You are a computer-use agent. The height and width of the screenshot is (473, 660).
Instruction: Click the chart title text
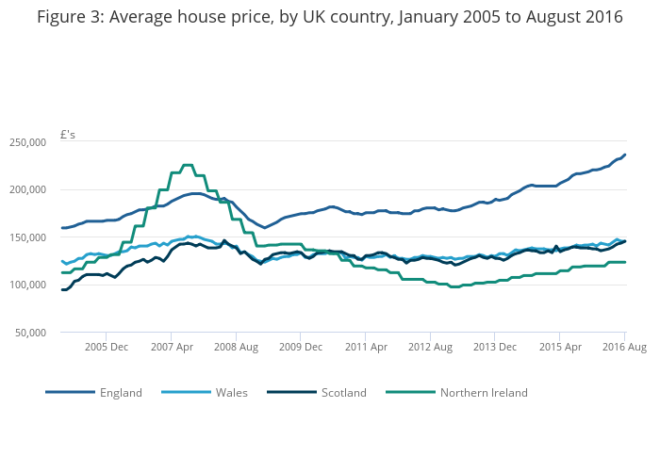coord(330,18)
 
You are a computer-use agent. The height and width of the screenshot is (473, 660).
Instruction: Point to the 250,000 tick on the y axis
coord(27,142)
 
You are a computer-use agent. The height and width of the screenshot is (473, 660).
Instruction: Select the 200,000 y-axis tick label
coord(27,189)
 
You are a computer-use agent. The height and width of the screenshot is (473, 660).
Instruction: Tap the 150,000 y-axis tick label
coord(27,237)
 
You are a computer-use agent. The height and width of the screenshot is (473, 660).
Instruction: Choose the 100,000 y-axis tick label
coord(27,285)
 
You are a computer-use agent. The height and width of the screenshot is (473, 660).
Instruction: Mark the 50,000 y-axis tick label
coord(30,333)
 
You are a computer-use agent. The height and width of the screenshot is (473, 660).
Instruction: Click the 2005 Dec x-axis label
coord(106,348)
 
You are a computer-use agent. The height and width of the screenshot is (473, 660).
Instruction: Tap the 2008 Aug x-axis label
coord(236,348)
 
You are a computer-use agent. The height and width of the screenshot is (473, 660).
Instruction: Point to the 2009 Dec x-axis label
coord(300,348)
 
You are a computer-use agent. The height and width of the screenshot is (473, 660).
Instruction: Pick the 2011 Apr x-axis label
coord(365,348)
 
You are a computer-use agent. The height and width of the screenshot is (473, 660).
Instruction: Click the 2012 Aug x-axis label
coord(430,348)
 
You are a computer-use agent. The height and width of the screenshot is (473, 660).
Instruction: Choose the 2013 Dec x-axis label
coord(494,348)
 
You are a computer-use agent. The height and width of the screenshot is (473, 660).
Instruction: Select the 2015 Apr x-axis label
coord(559,348)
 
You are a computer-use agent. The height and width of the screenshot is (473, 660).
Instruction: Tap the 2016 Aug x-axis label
coord(623,348)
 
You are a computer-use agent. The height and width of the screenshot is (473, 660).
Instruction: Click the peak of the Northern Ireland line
coord(187,165)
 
